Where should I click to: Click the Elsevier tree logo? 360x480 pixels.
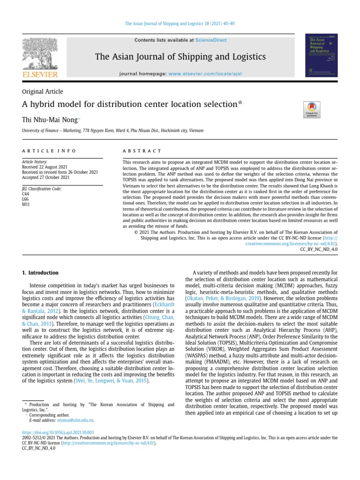tap(40, 53)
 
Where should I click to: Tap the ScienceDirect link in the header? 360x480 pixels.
tap(210, 40)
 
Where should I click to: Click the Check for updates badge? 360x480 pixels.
tap(312, 109)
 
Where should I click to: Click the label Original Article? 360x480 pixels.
tap(42, 91)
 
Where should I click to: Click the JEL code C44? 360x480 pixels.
tap(26, 194)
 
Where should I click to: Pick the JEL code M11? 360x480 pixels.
tap(26, 204)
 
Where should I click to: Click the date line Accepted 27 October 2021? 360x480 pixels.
tap(46, 178)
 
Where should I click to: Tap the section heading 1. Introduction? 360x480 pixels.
tap(41, 273)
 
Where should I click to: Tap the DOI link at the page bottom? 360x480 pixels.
tap(58, 432)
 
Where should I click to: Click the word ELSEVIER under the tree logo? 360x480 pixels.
tap(40, 75)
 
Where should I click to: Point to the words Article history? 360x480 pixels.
tap(35, 162)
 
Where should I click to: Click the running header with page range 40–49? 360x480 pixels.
tap(180, 23)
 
